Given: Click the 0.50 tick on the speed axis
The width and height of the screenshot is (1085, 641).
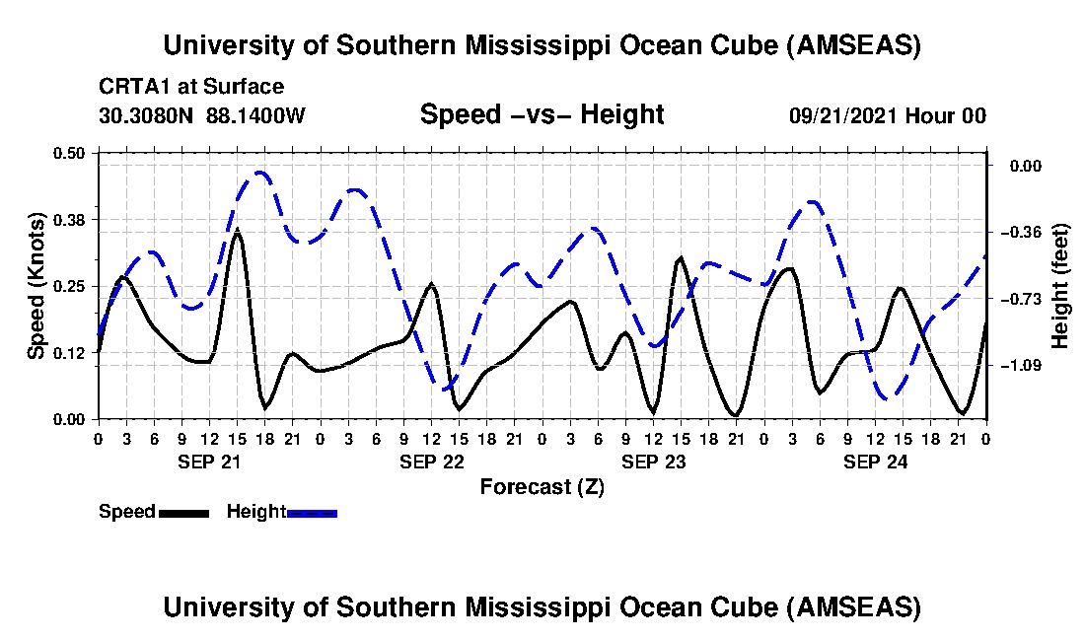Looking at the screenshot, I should (x=70, y=152).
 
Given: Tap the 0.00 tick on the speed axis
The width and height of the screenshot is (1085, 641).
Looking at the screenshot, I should (x=70, y=419).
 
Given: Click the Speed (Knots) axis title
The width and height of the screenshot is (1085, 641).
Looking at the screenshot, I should (x=36, y=285).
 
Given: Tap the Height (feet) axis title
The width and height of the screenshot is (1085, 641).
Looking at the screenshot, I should (x=1060, y=285).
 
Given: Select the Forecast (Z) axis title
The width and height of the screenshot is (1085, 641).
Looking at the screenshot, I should (x=542, y=486).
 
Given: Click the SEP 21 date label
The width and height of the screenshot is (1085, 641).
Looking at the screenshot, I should (x=208, y=462).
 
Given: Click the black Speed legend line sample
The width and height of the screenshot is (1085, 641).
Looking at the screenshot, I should (x=182, y=513).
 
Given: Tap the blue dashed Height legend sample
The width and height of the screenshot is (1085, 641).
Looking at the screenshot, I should (x=312, y=513).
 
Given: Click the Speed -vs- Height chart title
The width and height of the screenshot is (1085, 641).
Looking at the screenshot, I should (x=542, y=114).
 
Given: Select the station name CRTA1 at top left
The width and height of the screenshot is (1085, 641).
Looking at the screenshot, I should (x=131, y=87).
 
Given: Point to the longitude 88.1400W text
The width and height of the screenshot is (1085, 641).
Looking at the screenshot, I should (x=256, y=115).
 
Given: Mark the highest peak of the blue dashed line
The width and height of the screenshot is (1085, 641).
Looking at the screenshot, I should (x=260, y=173).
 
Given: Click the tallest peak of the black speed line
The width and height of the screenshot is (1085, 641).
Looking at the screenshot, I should (x=237, y=231).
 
